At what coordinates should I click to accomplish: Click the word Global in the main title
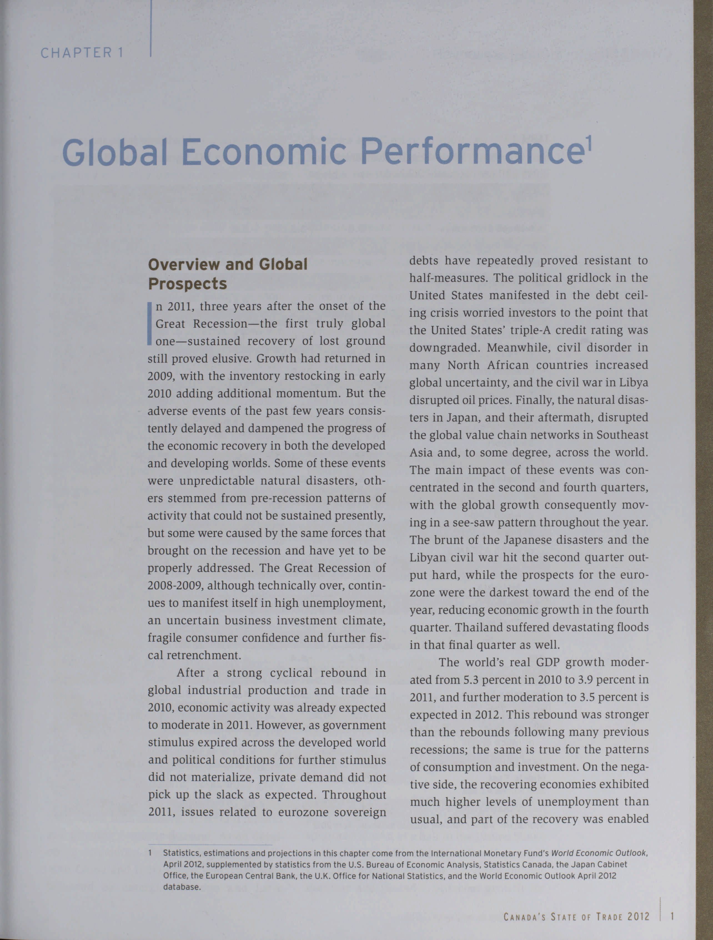point(114,152)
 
